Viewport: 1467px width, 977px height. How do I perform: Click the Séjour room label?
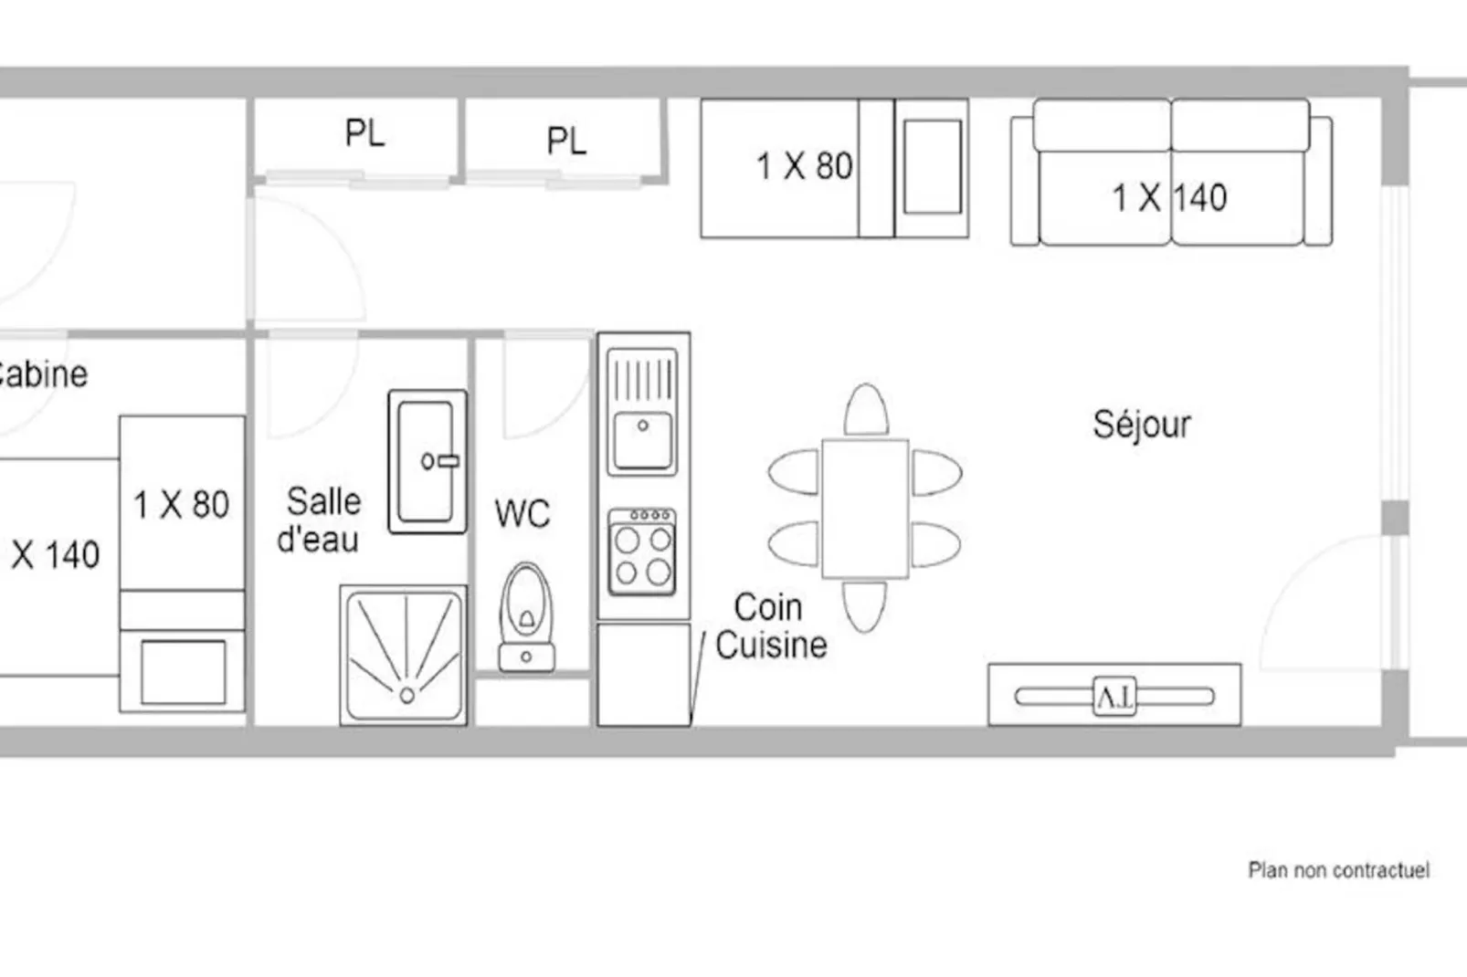click(1142, 425)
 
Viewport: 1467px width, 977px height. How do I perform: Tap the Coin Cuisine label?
click(771, 626)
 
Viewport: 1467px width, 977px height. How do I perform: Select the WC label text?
click(522, 513)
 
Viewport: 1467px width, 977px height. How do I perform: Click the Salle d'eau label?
click(320, 520)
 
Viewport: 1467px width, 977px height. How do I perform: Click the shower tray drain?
click(406, 695)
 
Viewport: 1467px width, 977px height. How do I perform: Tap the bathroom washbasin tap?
click(440, 461)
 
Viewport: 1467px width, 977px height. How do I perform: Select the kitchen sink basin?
click(642, 439)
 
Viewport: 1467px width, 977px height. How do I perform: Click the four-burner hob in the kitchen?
click(642, 552)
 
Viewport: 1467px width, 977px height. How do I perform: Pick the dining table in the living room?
click(865, 509)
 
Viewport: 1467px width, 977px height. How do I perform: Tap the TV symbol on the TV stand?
click(1114, 697)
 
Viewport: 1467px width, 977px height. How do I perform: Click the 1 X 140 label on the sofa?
click(1169, 198)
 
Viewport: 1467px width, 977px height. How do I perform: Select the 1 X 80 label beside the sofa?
click(804, 165)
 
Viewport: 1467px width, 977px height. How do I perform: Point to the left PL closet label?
click(364, 133)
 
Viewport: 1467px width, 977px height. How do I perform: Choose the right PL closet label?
click(566, 141)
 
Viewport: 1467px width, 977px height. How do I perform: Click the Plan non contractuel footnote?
click(1338, 870)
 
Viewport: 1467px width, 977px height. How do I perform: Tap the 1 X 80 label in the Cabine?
click(182, 504)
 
